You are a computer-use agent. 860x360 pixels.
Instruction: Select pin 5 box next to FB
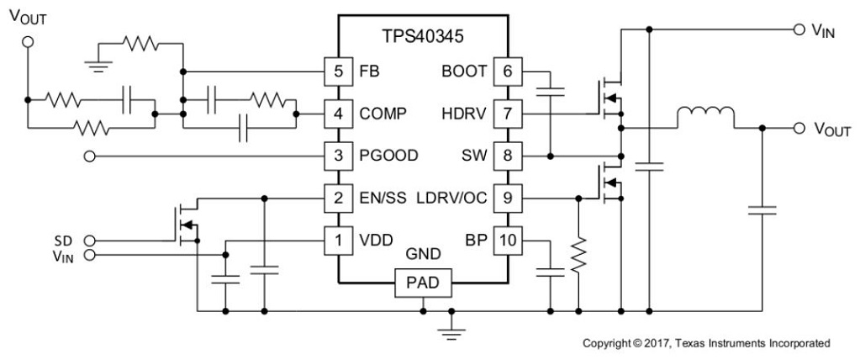[x=337, y=71]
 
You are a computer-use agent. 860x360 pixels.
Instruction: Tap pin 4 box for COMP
[x=337, y=113]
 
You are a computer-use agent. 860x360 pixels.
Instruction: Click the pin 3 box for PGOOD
[x=337, y=156]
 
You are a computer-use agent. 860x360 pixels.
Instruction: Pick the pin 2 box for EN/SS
[x=337, y=199]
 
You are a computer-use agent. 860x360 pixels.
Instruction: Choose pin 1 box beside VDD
[x=337, y=241]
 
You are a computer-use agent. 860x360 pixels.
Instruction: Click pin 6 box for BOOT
[x=506, y=71]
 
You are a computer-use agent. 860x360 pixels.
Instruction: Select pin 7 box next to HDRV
[x=506, y=113]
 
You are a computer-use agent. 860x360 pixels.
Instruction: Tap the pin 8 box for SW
[x=506, y=156]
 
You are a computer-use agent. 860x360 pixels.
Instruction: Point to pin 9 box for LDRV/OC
[x=506, y=199]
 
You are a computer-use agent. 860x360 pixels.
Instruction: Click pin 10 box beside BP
[x=506, y=241]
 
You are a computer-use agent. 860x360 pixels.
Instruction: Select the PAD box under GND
[x=422, y=284]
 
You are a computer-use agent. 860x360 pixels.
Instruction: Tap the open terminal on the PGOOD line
[x=90, y=156]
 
